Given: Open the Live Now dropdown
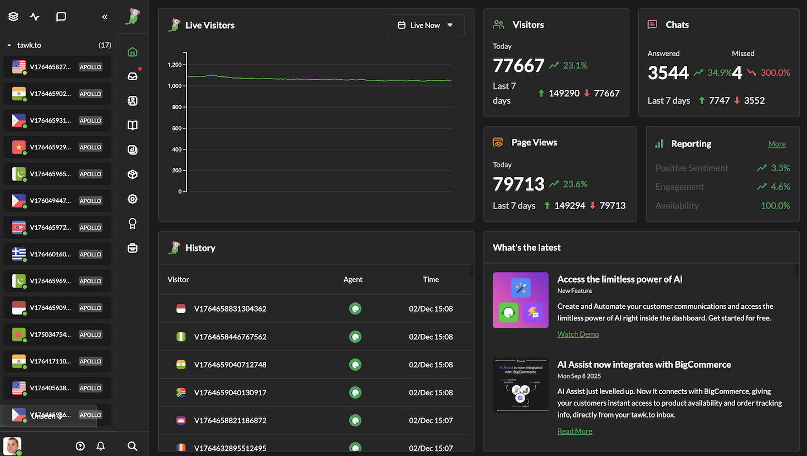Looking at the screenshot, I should click(x=425, y=25).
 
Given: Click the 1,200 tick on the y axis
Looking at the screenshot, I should click(x=174, y=65).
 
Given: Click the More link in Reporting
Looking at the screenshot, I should click(x=776, y=144).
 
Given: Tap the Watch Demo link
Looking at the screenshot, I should click(x=578, y=334).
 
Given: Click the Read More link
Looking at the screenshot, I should click(x=574, y=431).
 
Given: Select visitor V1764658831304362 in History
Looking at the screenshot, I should click(x=230, y=308).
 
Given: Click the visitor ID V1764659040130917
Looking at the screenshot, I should click(x=230, y=392).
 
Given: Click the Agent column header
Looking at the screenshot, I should click(x=353, y=279).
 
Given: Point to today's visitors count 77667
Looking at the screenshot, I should click(x=518, y=66).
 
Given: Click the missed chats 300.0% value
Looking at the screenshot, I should click(x=775, y=72).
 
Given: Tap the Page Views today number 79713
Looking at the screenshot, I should click(x=518, y=184).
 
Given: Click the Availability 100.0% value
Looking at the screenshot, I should click(x=775, y=206).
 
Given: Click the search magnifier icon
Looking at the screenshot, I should click(x=133, y=446).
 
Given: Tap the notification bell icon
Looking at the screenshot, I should click(x=101, y=446).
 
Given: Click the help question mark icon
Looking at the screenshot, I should click(x=80, y=446).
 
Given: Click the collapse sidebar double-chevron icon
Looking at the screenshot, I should click(x=105, y=17).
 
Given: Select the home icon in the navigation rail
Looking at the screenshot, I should click(x=133, y=52).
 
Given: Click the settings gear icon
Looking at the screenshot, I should click(x=133, y=199).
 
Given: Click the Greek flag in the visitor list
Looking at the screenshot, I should click(x=19, y=254).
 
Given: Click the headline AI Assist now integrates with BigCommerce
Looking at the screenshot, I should click(x=644, y=365).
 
